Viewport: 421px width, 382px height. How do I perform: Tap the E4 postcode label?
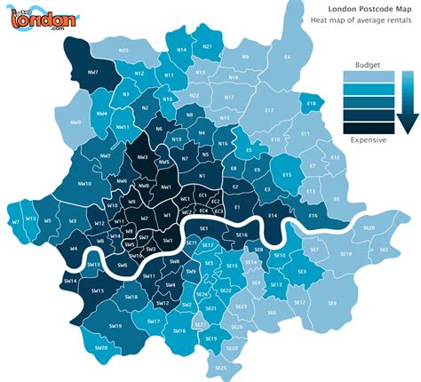click(287, 57)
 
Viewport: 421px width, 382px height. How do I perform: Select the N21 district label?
click(208, 46)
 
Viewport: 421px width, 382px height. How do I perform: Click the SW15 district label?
click(98, 290)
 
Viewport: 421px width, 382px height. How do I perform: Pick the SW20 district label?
click(100, 348)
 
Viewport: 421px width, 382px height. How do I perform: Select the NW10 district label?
click(85, 184)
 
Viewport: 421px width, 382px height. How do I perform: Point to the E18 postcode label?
click(311, 105)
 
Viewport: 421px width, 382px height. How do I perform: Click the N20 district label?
click(123, 51)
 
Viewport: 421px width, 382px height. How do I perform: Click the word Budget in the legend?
click(367, 65)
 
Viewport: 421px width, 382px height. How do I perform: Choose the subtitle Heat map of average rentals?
click(366, 19)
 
